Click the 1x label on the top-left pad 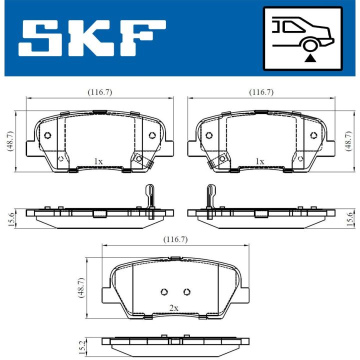tap(98, 161)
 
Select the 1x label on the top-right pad tap(259, 161)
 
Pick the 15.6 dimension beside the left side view tap(10, 217)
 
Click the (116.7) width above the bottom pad tap(175, 239)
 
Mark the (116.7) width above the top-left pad tap(99, 92)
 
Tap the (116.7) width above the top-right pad tap(261, 92)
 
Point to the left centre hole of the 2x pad tap(163, 292)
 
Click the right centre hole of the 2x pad tap(186, 292)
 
